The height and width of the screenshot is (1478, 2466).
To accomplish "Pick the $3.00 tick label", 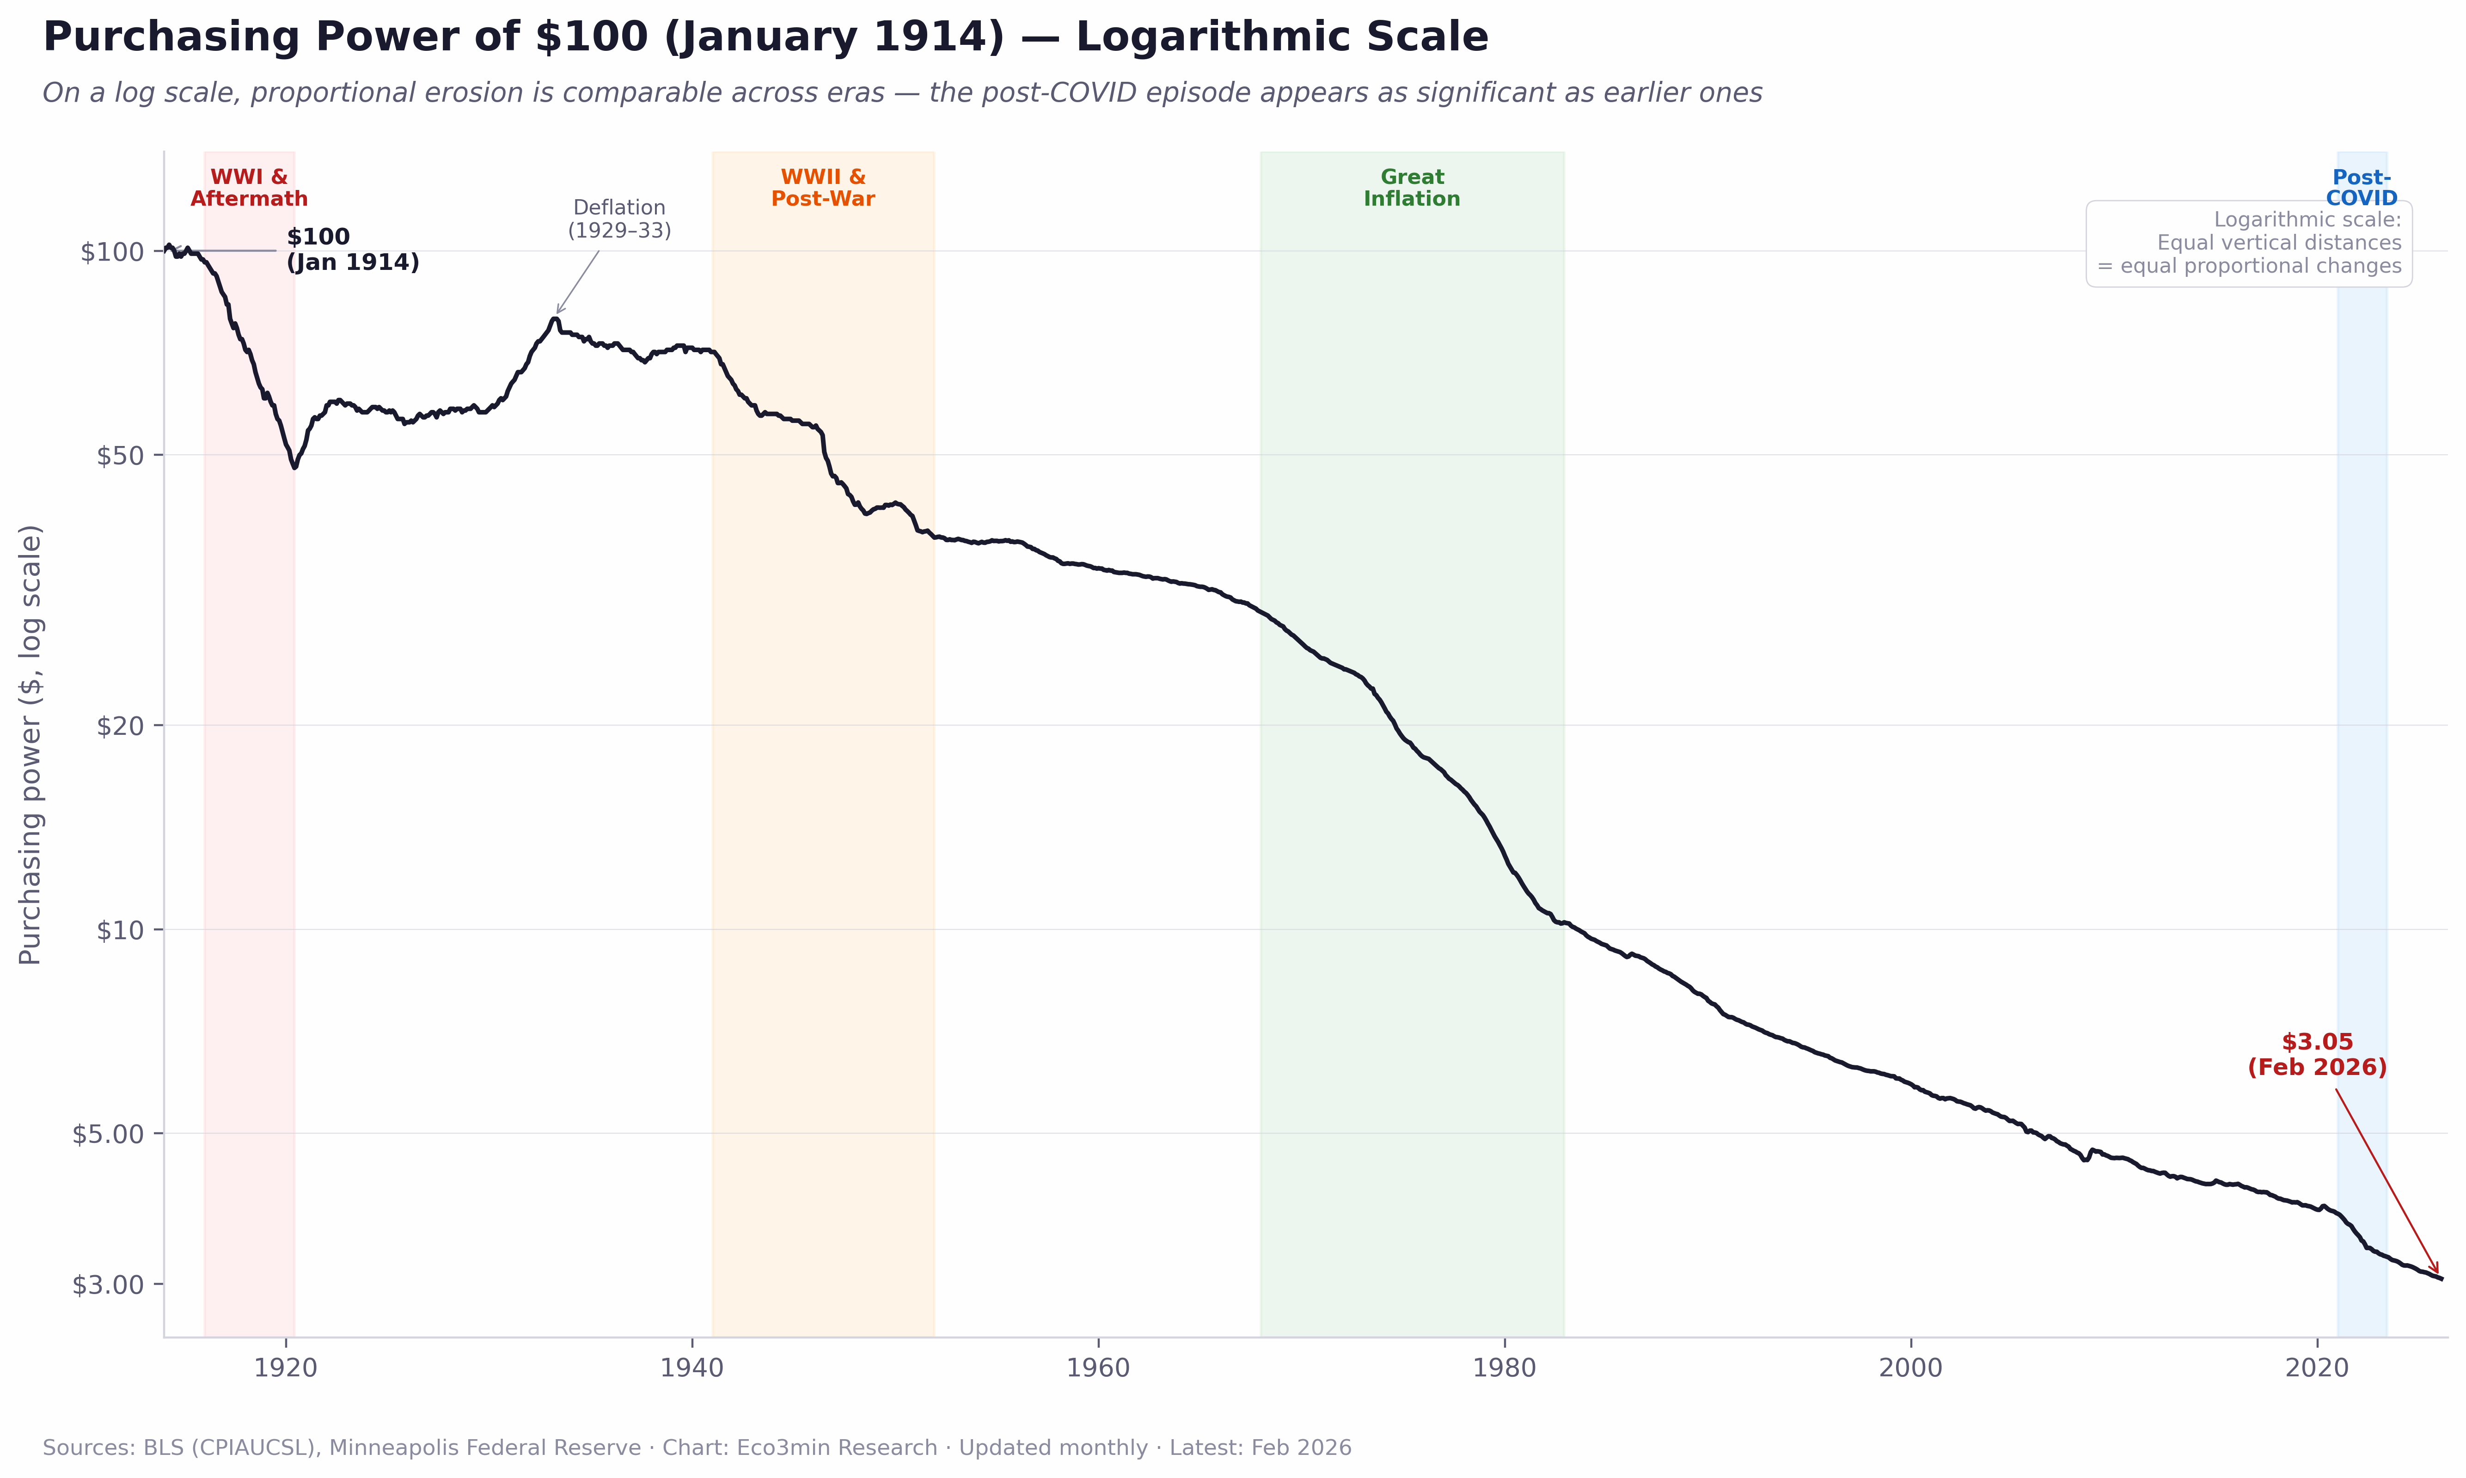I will tap(108, 1285).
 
